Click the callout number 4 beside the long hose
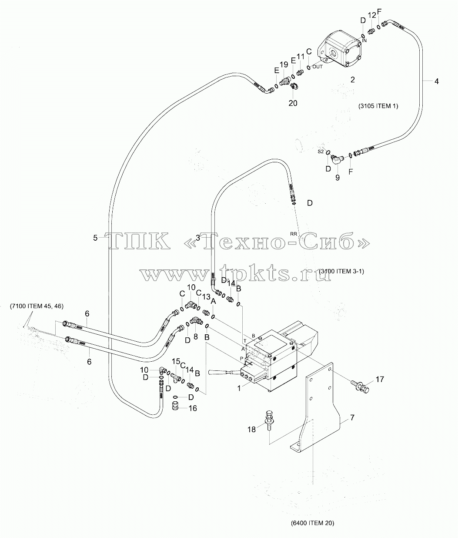[x=436, y=81]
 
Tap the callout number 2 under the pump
[x=352, y=80]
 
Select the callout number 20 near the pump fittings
[x=293, y=103]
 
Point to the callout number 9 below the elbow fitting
[x=338, y=178]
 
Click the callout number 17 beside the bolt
[x=380, y=379]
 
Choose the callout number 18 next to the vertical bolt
[x=251, y=429]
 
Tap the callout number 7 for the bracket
[x=352, y=417]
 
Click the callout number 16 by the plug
[x=193, y=408]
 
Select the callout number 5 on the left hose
[x=95, y=238]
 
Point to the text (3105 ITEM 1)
[x=378, y=106]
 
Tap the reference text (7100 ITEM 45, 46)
[x=37, y=306]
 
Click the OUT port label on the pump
[x=318, y=67]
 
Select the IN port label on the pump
[x=364, y=40]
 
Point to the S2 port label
[x=321, y=151]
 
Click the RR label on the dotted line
[x=293, y=234]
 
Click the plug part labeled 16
[x=177, y=406]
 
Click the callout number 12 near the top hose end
[x=372, y=15]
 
